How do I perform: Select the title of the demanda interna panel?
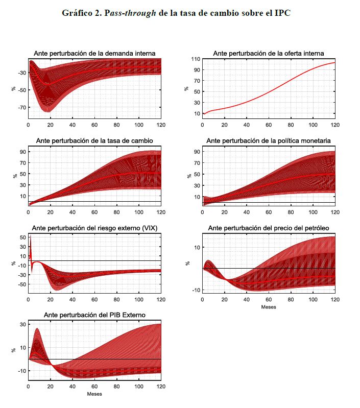coord(94,53)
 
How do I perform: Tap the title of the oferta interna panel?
coord(269,53)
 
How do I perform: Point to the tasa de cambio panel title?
coord(94,140)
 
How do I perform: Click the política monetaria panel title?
coord(269,140)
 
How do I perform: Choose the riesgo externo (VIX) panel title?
coord(94,228)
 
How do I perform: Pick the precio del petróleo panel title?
coord(269,228)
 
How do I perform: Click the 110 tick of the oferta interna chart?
coord(195,59)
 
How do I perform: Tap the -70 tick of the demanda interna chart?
coord(21,108)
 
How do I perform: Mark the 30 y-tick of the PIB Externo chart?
coord(22,324)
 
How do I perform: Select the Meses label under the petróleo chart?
coord(269,307)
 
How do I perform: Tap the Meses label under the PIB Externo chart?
coord(94,394)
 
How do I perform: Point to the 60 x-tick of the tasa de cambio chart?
coord(94,212)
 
